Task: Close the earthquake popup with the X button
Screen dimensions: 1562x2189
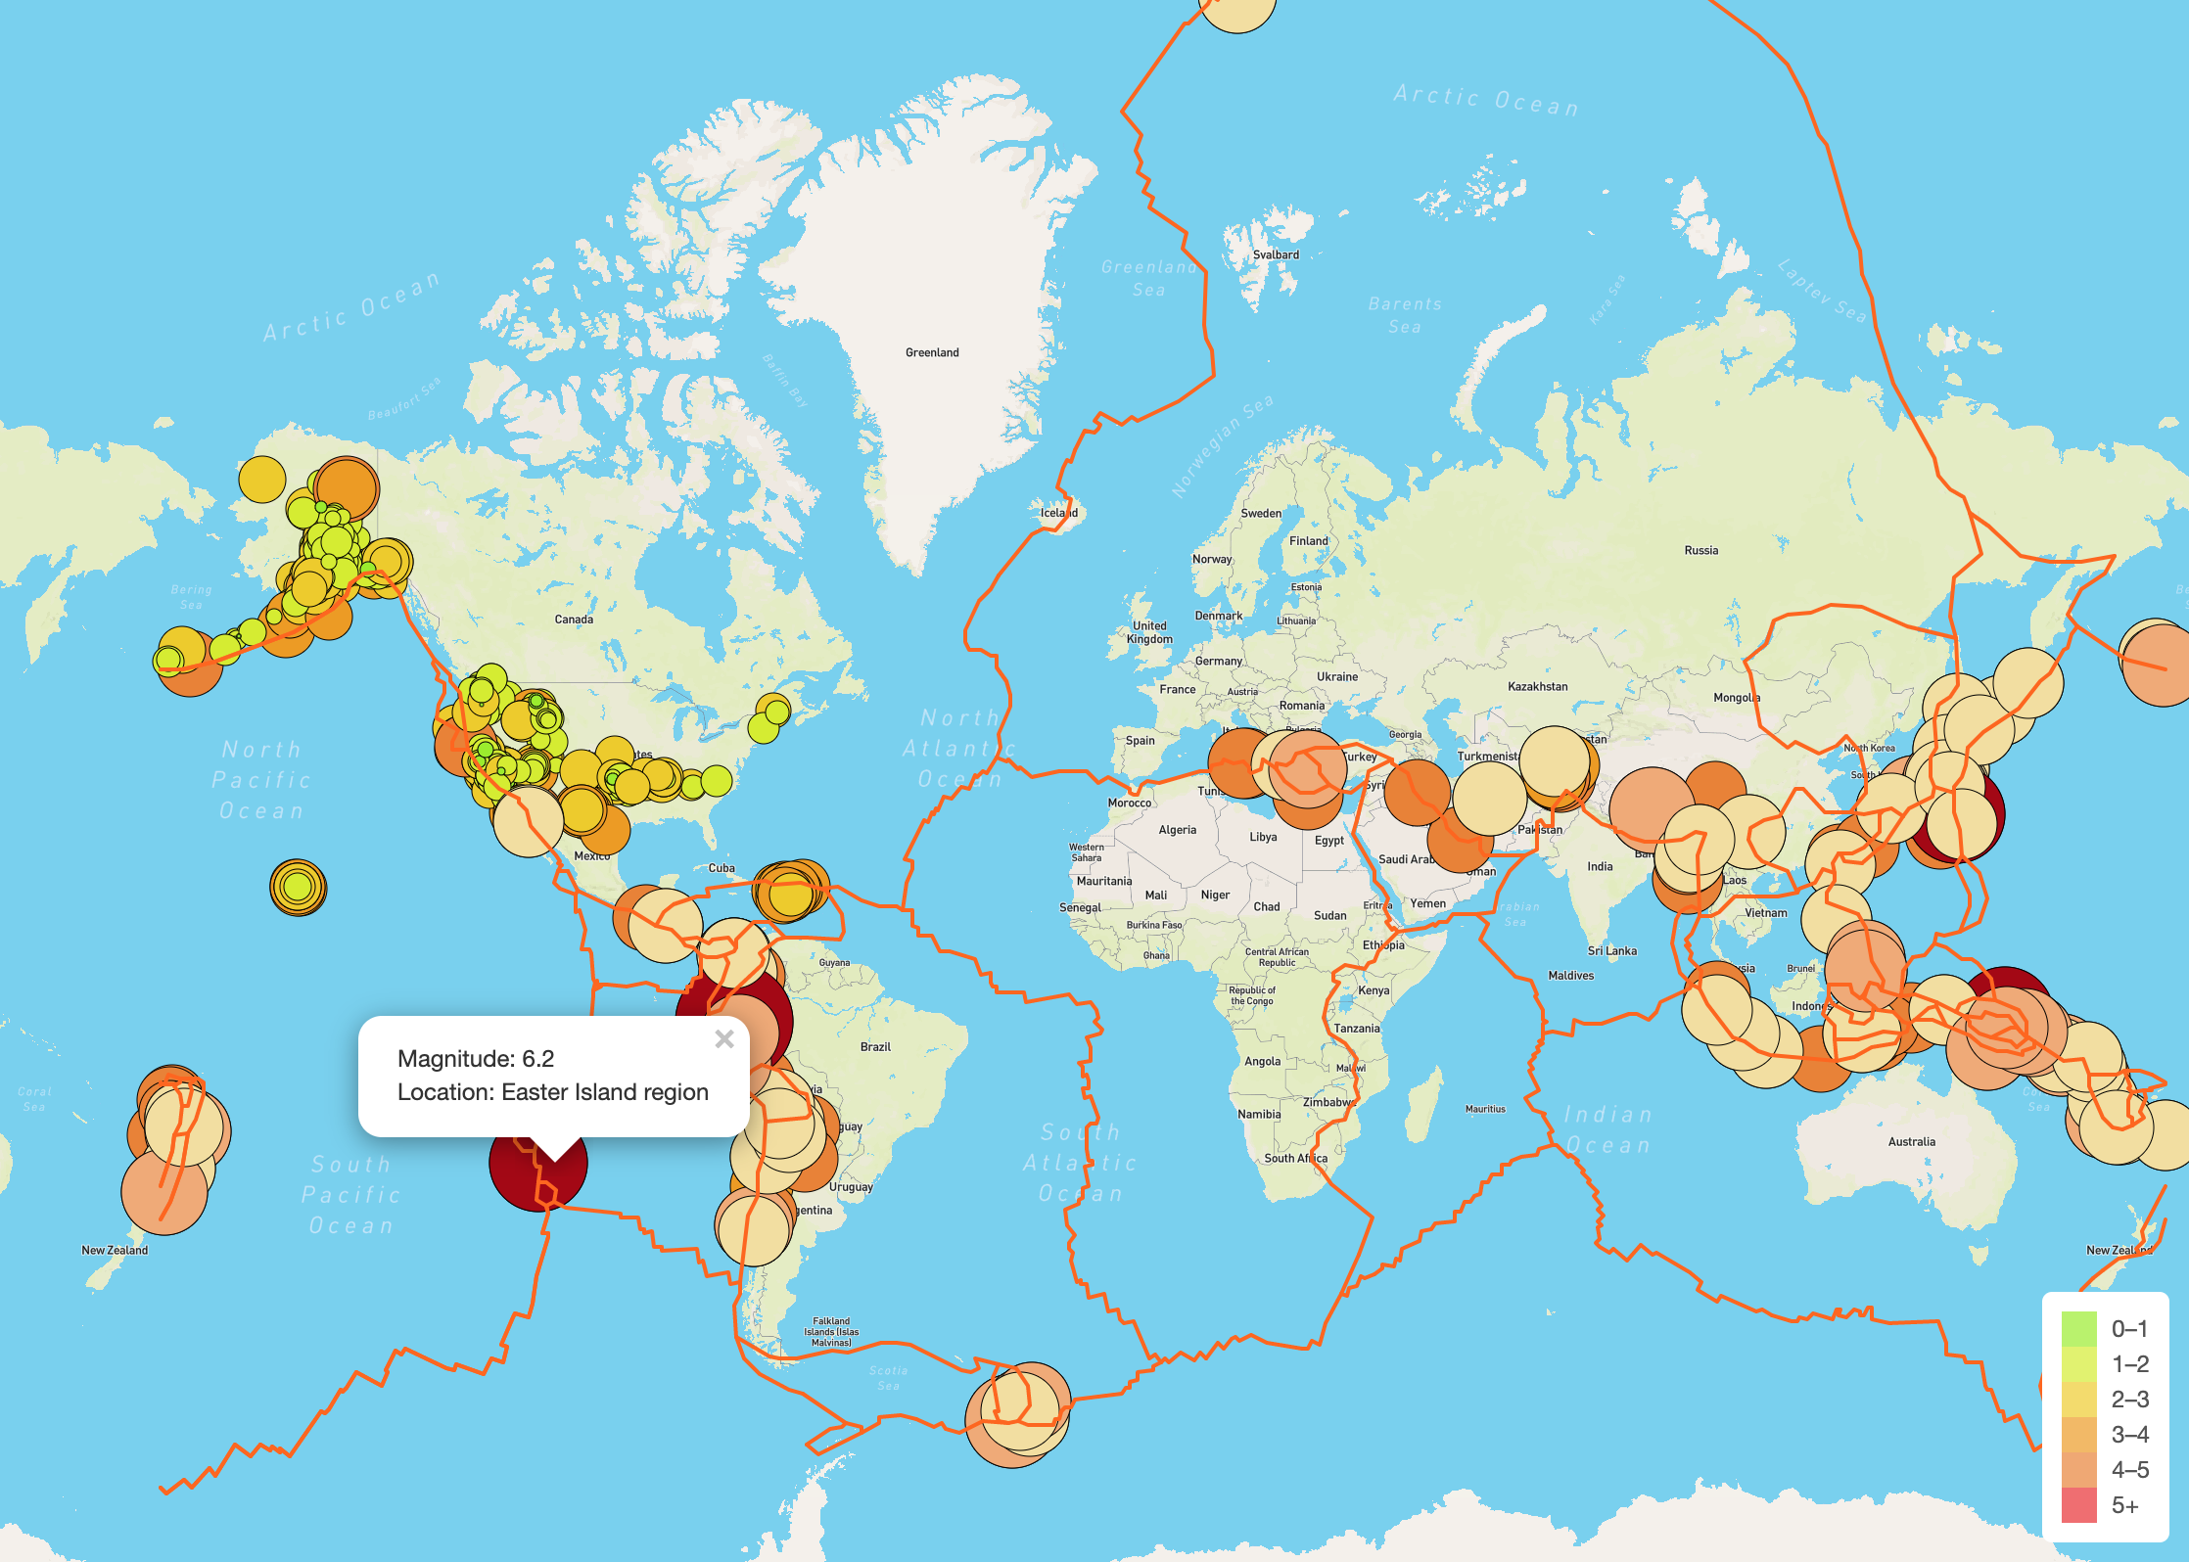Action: [724, 1039]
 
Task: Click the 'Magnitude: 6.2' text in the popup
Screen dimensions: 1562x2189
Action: [476, 1059]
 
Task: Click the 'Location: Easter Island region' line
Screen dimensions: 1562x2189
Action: [552, 1092]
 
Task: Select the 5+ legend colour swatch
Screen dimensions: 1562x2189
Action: [2078, 1505]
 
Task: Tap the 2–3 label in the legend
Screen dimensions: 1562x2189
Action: [2129, 1400]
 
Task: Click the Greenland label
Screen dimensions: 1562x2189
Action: [932, 352]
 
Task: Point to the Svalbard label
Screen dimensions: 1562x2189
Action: [1276, 254]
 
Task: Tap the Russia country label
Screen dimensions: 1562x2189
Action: [1700, 550]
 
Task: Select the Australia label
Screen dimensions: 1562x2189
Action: [1911, 1141]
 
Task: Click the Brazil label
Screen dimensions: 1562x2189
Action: [875, 1046]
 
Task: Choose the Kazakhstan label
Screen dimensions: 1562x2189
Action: [1537, 686]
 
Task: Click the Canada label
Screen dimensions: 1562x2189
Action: [574, 620]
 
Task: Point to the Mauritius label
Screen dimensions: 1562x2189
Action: [1485, 1109]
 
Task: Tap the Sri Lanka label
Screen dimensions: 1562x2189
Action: [1611, 950]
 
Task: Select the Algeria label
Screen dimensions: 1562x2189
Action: [1177, 830]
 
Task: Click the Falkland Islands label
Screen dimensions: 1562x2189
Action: [831, 1331]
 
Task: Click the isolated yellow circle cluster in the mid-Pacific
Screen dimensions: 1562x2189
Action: [298, 888]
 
